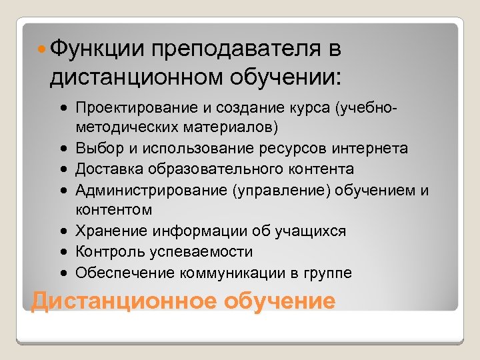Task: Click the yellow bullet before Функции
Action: point(41,49)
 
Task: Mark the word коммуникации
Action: point(229,273)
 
